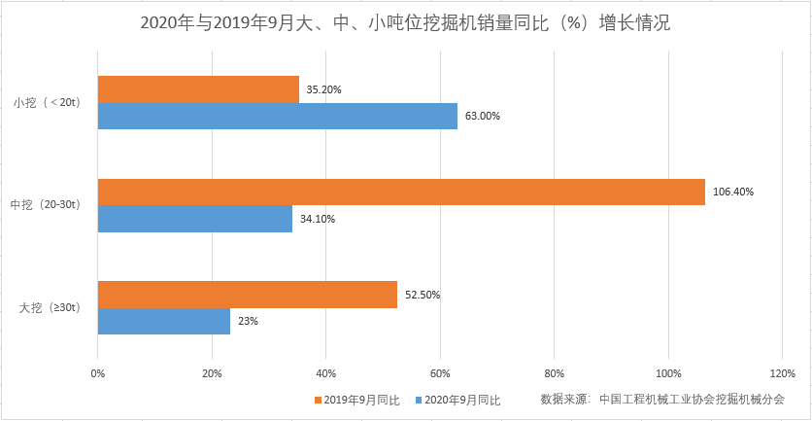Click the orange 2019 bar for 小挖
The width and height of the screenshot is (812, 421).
198,89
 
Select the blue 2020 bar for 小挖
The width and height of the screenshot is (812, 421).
277,116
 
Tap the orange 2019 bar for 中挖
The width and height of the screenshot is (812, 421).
401,192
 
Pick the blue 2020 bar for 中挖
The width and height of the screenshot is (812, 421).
194,219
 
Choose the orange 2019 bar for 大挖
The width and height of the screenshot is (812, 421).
248,295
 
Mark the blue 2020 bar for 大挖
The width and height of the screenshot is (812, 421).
163,321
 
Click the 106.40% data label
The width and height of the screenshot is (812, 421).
733,192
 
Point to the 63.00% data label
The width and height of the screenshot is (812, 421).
483,116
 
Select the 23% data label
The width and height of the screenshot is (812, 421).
247,322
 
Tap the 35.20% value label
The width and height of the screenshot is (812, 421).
324,89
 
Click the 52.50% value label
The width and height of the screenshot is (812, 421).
423,295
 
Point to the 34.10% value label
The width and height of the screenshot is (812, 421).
318,219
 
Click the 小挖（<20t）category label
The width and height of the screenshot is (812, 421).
52,102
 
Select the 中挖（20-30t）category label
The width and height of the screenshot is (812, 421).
52,205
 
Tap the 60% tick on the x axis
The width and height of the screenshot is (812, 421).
440,373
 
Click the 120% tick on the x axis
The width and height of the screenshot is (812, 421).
782,373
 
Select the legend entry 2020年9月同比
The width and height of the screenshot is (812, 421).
462,400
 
